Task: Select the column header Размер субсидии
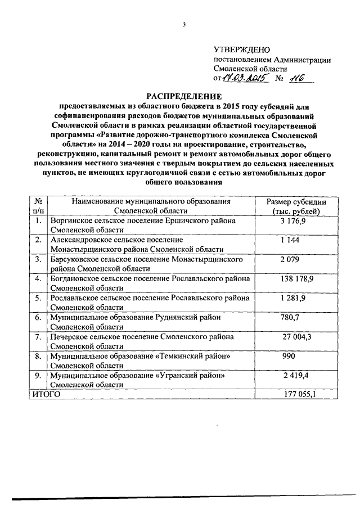coord(296,202)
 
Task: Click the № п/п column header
coord(39,206)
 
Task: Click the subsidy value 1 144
coord(290,240)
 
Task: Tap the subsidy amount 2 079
coord(291,259)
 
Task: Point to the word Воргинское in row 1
coord(70,220)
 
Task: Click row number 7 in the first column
coord(38,337)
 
